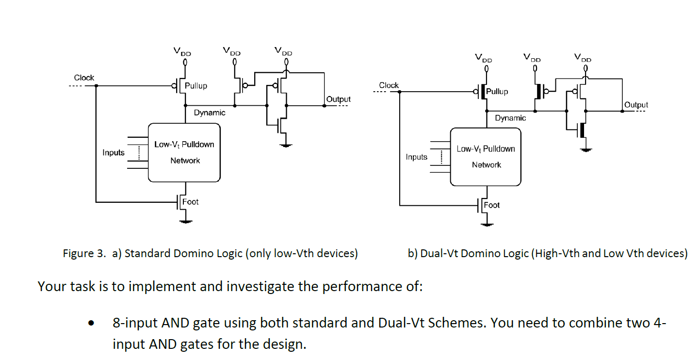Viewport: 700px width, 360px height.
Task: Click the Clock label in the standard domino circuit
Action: pos(84,78)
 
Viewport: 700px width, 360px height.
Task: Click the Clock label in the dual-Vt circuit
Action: pos(389,85)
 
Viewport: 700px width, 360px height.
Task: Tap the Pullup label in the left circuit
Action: pos(195,86)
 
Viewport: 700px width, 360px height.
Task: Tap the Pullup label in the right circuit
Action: pos(497,92)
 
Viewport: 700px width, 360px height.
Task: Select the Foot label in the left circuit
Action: pos(190,202)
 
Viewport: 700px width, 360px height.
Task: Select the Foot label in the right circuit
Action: pos(491,205)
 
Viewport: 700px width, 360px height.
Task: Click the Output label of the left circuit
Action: pos(338,99)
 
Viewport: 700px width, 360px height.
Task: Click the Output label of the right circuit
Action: pos(636,105)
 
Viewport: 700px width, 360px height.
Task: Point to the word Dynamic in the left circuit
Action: pos(210,113)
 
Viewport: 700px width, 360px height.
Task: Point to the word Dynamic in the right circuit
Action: pos(510,118)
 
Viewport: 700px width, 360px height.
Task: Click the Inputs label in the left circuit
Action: pos(114,153)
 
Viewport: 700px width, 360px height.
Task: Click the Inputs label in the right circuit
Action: pos(417,157)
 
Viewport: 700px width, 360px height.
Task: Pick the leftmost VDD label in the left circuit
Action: pos(182,51)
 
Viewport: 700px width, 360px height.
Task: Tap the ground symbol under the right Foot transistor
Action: pos(487,225)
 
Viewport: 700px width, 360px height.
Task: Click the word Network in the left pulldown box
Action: pos(185,161)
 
